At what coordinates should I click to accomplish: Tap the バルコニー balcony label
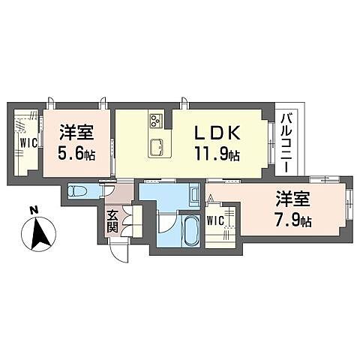click(287, 142)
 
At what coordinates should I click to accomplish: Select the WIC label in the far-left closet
click(28, 142)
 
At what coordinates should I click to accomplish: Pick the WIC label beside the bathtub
click(214, 220)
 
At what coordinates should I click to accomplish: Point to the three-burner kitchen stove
click(157, 120)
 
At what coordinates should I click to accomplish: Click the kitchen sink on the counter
click(157, 145)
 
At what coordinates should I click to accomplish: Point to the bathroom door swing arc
click(166, 223)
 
